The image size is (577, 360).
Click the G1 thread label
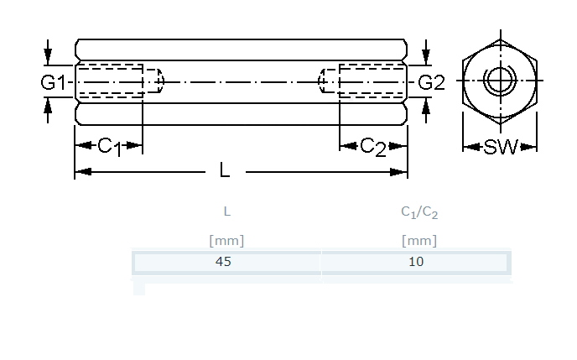(53, 82)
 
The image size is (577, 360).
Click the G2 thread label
(431, 82)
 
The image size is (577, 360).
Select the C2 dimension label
(373, 147)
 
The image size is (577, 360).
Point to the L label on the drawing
(224, 171)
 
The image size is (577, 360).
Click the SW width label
(501, 148)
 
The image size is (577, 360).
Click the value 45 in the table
(224, 261)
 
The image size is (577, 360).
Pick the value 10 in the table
(416, 261)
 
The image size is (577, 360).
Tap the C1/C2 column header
(419, 213)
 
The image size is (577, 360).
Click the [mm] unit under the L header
(226, 241)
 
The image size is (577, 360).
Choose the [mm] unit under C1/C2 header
(419, 241)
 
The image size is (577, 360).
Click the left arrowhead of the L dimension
(81, 172)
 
